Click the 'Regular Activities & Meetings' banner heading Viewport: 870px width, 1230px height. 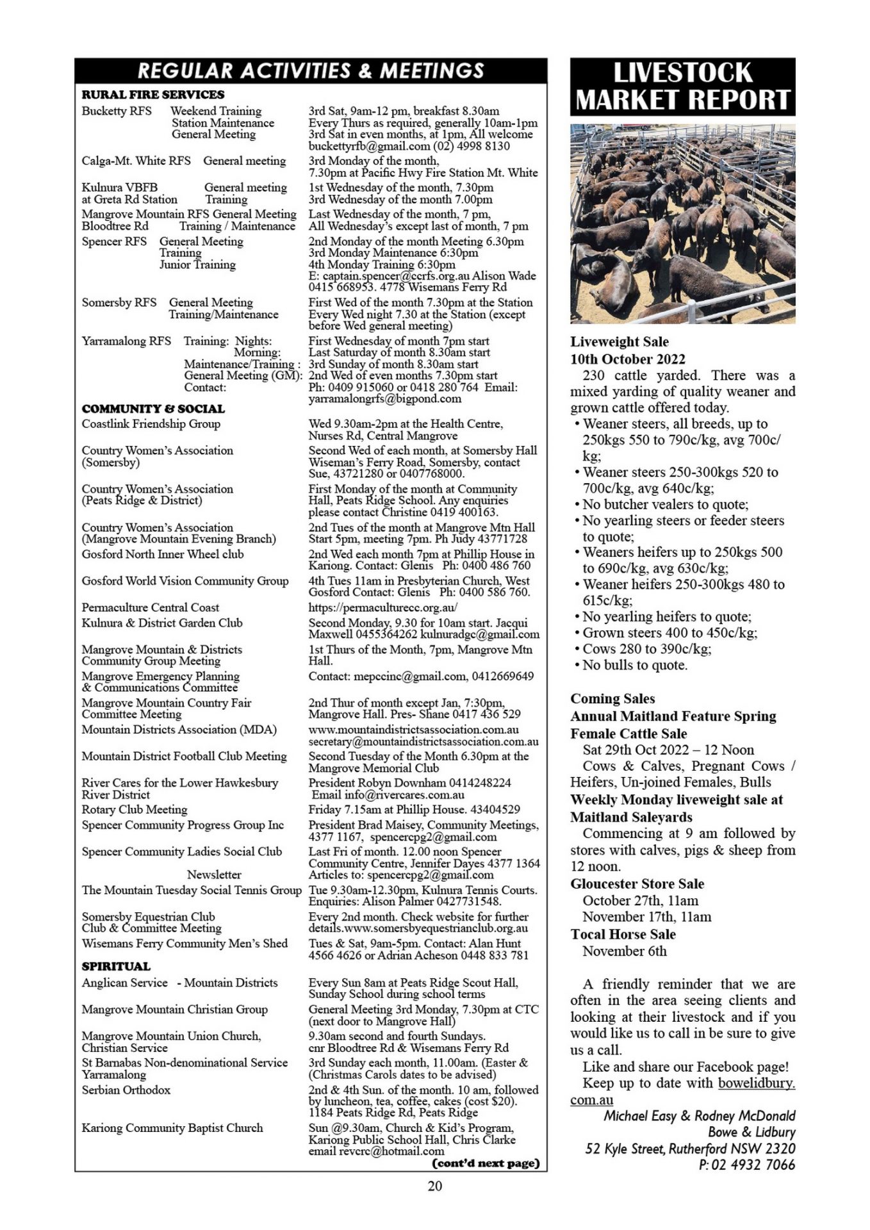[311, 70]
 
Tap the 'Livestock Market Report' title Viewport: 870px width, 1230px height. [682, 86]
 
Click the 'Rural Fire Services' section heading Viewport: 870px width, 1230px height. [153, 95]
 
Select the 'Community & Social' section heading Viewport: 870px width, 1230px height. [153, 409]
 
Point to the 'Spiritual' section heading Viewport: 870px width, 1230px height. [116, 966]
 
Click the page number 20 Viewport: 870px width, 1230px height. [434, 1186]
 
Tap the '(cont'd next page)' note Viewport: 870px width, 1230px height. [486, 1163]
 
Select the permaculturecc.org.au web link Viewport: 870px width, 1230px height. [383, 607]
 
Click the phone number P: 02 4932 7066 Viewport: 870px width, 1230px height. [747, 1165]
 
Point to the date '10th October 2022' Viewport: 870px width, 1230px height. [628, 359]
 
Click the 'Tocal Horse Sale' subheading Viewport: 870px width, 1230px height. [623, 934]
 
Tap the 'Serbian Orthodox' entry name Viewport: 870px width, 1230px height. [126, 1090]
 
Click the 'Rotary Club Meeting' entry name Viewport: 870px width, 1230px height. [135, 809]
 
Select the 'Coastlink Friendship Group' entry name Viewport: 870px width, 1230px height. [151, 423]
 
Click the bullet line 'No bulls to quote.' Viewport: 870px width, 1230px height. [634, 665]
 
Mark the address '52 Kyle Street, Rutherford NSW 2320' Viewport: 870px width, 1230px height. [691, 1149]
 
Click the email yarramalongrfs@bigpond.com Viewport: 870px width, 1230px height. [385, 398]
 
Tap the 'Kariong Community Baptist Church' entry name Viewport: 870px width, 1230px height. [172, 1127]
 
